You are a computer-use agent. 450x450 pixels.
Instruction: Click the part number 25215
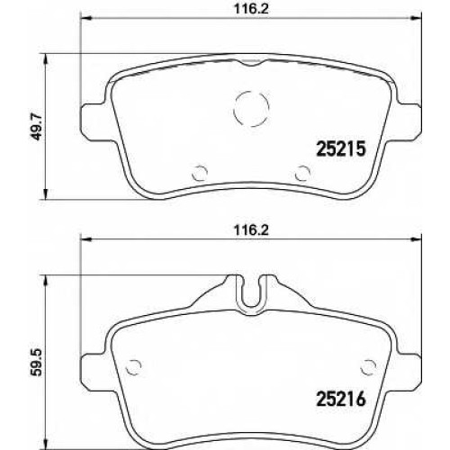click(341, 149)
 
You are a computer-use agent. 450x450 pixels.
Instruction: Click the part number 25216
click(341, 399)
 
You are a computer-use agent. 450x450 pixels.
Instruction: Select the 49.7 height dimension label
click(36, 126)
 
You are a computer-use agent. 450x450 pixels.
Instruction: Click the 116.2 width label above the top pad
click(251, 9)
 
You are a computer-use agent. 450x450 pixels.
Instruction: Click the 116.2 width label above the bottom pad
click(251, 230)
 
